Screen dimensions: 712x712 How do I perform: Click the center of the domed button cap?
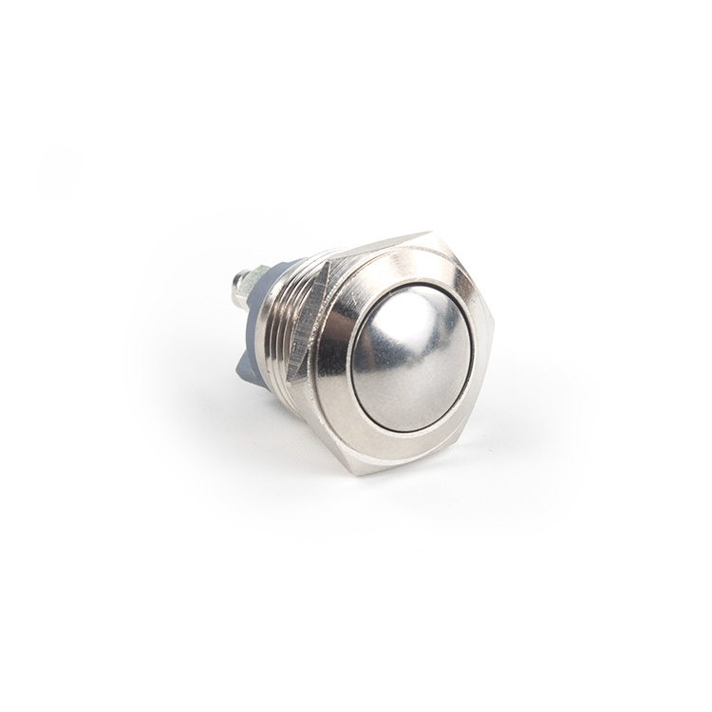click(411, 358)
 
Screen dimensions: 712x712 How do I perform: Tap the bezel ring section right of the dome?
click(482, 356)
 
